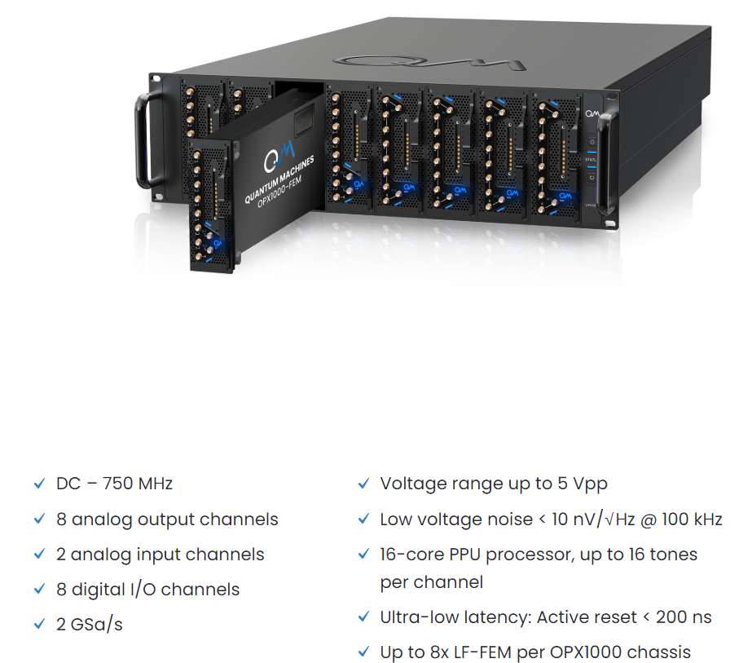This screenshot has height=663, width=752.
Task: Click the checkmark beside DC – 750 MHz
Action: tap(38, 484)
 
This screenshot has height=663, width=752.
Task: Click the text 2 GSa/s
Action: tap(90, 625)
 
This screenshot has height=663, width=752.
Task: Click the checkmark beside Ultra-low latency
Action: tap(363, 617)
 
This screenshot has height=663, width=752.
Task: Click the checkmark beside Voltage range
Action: tap(363, 484)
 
